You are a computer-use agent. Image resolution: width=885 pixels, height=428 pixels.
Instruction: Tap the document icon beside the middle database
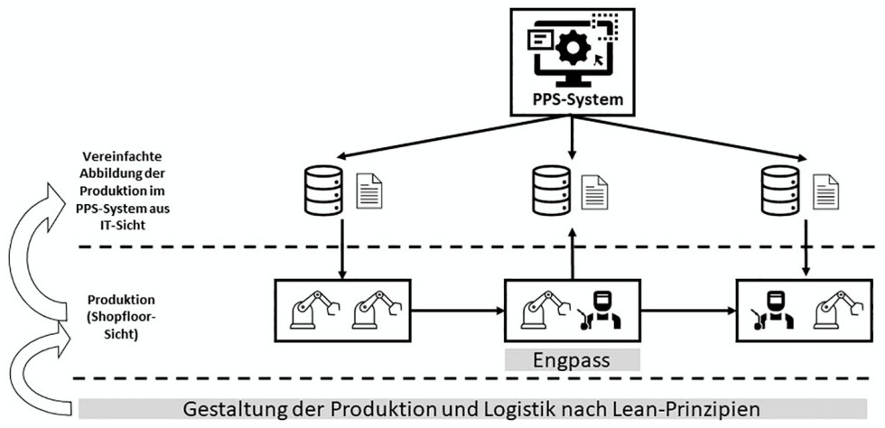pyautogui.click(x=594, y=191)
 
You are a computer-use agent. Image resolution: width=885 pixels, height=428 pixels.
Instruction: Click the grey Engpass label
pyautogui.click(x=572, y=359)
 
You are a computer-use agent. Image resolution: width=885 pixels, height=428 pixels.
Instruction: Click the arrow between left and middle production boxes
pyautogui.click(x=457, y=310)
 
